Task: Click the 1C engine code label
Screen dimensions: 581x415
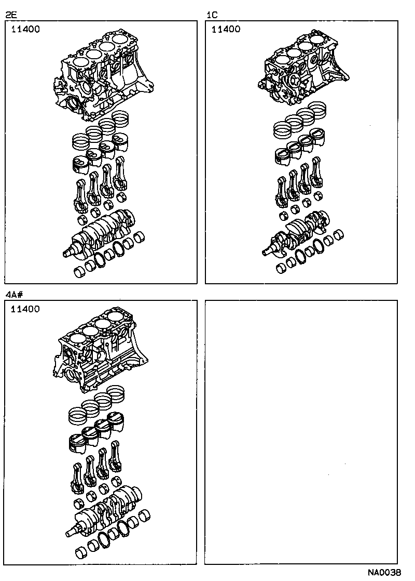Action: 212,15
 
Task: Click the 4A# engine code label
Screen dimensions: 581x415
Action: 15,295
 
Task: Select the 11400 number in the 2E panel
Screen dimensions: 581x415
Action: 25,30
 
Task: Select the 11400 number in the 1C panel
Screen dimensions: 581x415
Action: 226,30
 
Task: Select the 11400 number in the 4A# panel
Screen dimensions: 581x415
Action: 25,309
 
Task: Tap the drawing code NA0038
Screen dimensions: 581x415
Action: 384,572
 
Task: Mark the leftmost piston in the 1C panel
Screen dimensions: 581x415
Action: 283,155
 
